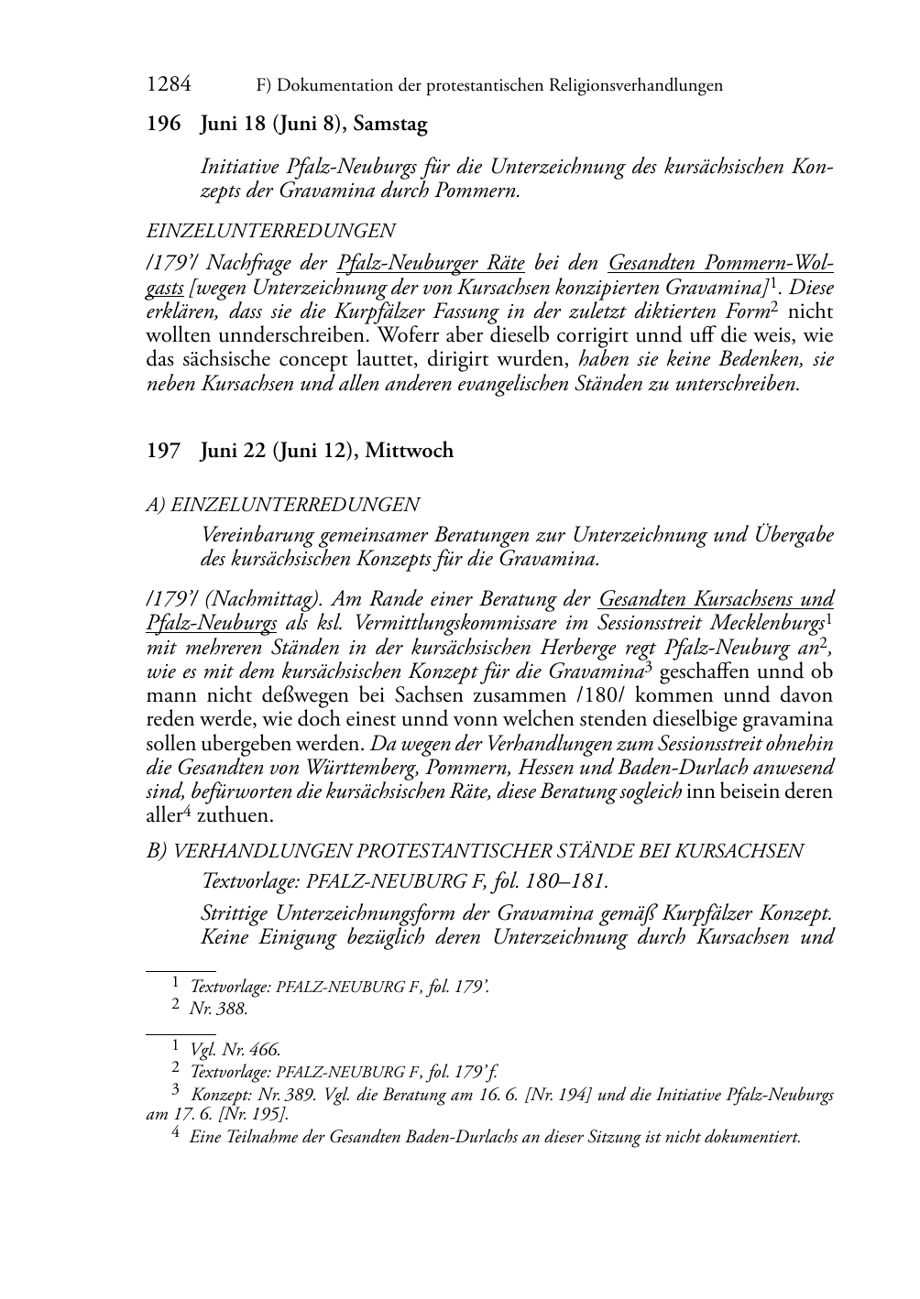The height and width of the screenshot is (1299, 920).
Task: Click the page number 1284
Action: (169, 85)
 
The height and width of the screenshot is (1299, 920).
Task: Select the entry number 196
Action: (164, 124)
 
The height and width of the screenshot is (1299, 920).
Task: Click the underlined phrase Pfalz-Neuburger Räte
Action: (431, 264)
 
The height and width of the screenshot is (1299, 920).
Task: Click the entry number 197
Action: (164, 451)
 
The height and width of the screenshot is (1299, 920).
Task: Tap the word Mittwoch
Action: (409, 451)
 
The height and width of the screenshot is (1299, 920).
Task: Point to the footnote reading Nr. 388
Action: (218, 1009)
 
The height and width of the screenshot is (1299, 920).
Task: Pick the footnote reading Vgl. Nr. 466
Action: (235, 1050)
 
